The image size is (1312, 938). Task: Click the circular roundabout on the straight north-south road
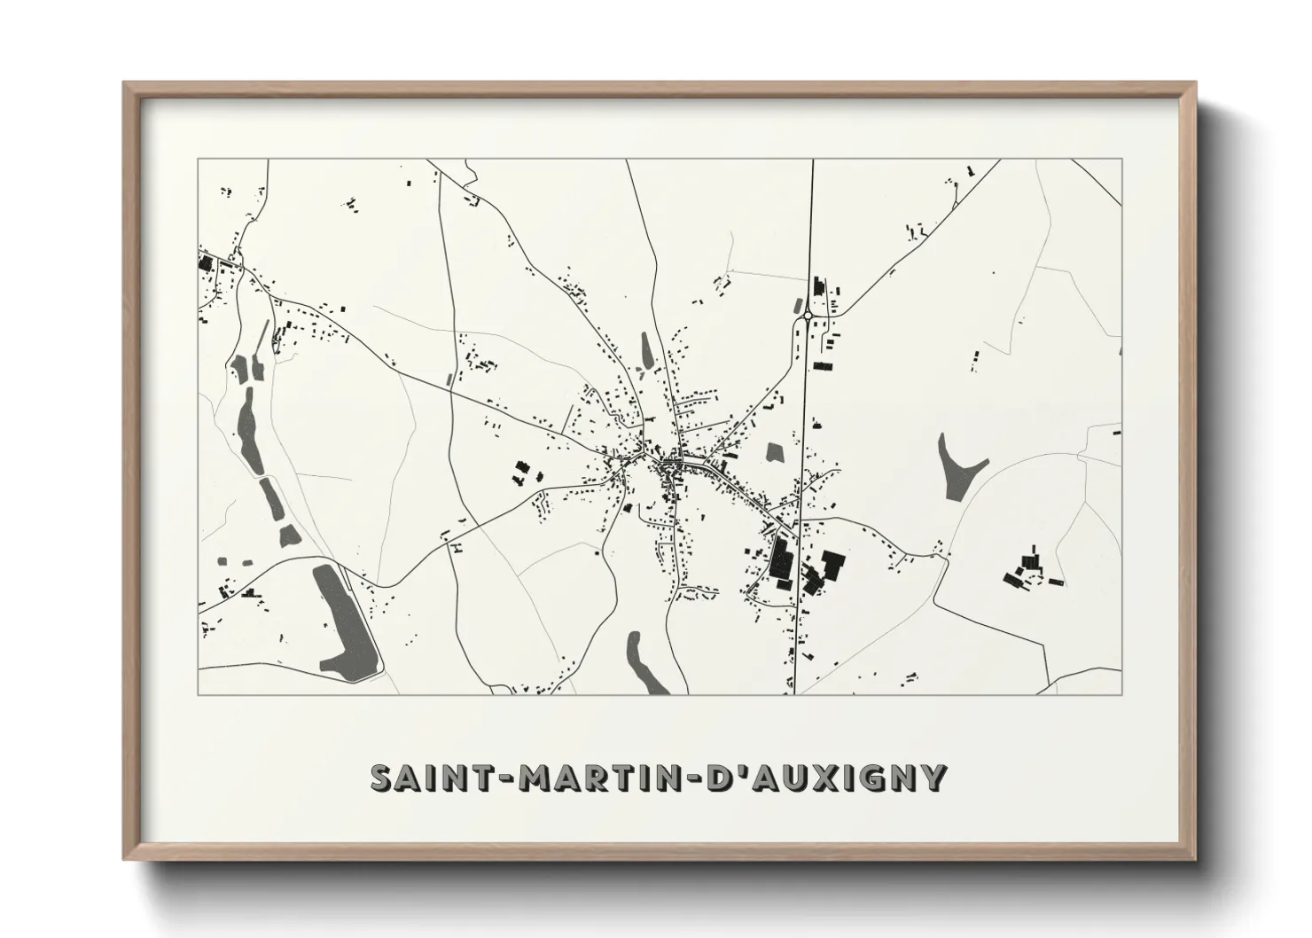click(x=808, y=315)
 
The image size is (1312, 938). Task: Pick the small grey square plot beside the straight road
click(x=776, y=451)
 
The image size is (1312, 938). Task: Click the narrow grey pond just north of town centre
click(x=646, y=350)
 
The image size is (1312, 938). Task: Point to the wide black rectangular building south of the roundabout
click(x=824, y=365)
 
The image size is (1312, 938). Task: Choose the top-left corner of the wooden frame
click(x=124, y=82)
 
